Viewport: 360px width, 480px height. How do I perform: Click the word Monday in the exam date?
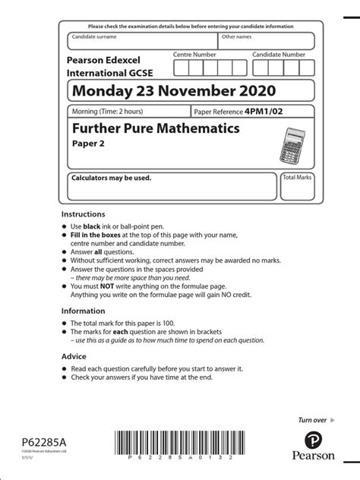pos(99,92)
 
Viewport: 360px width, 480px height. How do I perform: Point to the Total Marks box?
pos(298,186)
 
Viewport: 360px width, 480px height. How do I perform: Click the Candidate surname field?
pos(142,41)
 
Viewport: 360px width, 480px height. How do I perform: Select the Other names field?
pos(266,41)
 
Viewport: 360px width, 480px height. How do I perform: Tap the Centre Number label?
pos(194,55)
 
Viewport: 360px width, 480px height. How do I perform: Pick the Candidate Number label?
pos(279,55)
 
